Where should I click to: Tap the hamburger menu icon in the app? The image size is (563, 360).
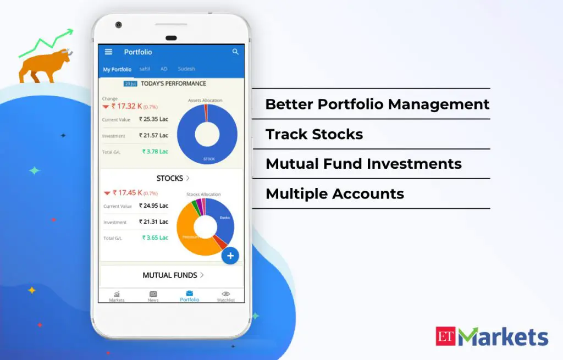coord(109,52)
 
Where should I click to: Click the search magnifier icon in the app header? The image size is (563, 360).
coord(235,52)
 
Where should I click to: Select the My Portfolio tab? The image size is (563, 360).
coord(117,69)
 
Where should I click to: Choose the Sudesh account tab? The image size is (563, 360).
coord(186,69)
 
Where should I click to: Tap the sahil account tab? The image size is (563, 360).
coord(145,69)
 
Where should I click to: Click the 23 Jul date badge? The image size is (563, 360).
coord(130,84)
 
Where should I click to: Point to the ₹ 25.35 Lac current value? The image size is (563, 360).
coord(153,119)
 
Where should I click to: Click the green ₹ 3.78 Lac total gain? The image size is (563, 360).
coord(155,151)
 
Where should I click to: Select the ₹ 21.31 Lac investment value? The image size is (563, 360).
coord(153,221)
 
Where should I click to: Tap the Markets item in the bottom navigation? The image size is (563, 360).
coord(117,296)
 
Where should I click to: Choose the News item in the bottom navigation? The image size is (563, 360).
coord(153,296)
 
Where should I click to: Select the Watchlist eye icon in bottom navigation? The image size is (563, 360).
coord(225,294)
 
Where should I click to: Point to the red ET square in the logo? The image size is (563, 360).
coord(446,336)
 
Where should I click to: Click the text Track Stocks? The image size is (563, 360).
coord(314,134)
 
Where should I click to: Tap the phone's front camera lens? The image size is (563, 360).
coord(119,25)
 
